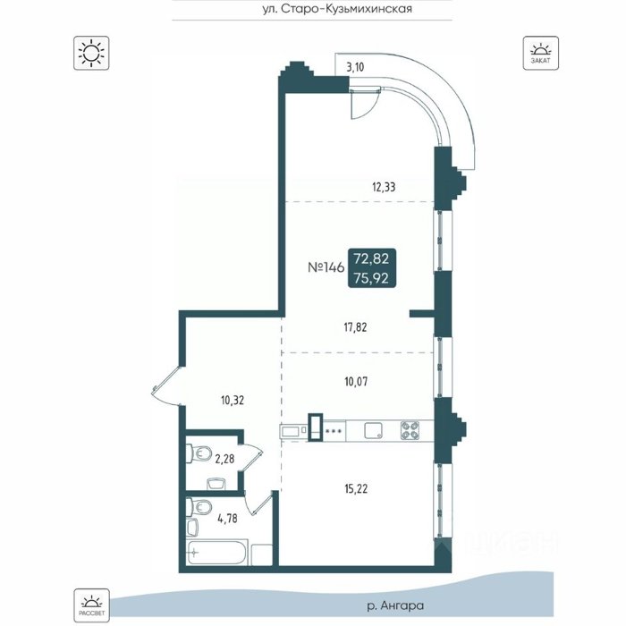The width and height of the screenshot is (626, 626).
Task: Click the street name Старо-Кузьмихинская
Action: pyautogui.click(x=347, y=9)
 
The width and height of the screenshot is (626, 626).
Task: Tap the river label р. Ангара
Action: pyautogui.click(x=395, y=605)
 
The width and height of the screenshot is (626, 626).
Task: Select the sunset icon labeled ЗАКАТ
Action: pyautogui.click(x=540, y=53)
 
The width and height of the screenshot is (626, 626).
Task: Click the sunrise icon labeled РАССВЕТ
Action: pyautogui.click(x=91, y=605)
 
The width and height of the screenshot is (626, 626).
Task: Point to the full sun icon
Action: pyautogui.click(x=91, y=53)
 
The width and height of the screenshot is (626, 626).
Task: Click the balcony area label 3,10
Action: pyautogui.click(x=355, y=67)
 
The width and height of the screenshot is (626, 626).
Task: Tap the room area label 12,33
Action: pyautogui.click(x=384, y=187)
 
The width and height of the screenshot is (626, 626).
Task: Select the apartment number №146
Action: pyautogui.click(x=326, y=267)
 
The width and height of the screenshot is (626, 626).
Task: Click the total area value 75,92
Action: pyautogui.click(x=371, y=278)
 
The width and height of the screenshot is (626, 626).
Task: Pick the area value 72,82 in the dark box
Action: pyautogui.click(x=371, y=258)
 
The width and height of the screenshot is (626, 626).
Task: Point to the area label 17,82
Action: pyautogui.click(x=355, y=328)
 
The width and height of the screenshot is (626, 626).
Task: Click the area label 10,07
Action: pyautogui.click(x=356, y=382)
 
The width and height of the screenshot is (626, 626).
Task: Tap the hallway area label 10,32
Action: pyautogui.click(x=233, y=400)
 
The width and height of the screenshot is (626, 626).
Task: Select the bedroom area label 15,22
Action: pyautogui.click(x=356, y=488)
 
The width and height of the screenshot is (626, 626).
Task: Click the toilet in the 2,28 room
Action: pyautogui.click(x=199, y=453)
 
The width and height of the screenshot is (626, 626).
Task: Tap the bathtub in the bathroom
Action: pyautogui.click(x=217, y=552)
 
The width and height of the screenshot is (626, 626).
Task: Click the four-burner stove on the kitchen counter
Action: pyautogui.click(x=410, y=430)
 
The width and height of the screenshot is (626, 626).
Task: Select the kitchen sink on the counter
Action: pyautogui.click(x=373, y=430)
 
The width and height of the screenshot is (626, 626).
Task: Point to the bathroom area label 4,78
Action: pyautogui.click(x=227, y=518)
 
